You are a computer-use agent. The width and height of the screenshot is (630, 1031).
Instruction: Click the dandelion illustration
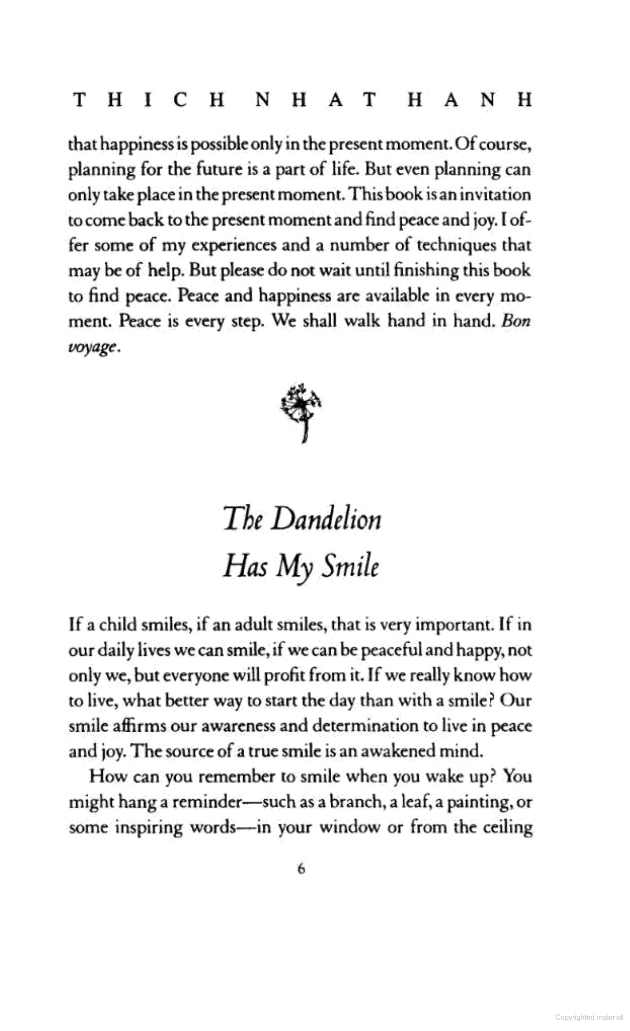coord(301,412)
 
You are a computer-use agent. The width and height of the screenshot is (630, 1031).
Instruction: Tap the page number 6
coord(301,869)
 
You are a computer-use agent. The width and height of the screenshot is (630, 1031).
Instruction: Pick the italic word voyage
coord(92,347)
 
